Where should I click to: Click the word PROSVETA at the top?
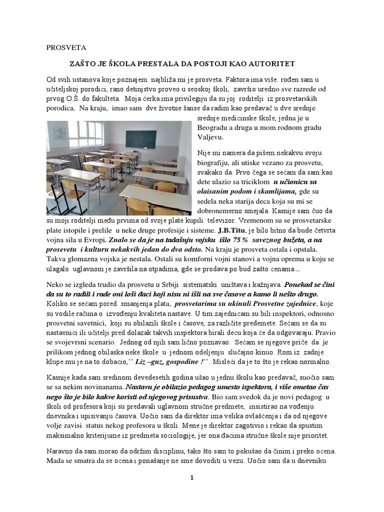click(x=66, y=48)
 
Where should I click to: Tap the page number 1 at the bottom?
click(x=191, y=478)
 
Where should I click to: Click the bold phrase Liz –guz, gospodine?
click(x=169, y=361)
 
